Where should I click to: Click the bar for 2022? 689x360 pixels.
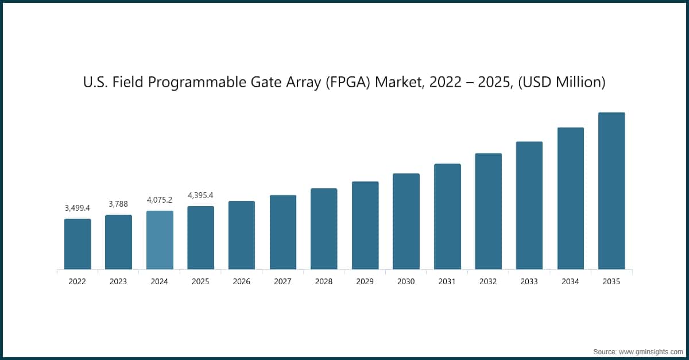(x=78, y=244)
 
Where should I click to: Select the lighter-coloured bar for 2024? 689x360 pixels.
(x=160, y=240)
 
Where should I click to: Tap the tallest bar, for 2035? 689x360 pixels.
(x=611, y=191)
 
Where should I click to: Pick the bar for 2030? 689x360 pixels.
(x=406, y=221)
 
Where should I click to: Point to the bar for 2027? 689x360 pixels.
(x=283, y=232)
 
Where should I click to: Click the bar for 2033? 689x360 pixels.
(x=529, y=205)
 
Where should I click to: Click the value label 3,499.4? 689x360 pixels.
(x=78, y=208)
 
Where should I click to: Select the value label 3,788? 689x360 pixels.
(x=118, y=204)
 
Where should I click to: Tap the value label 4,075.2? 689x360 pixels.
(x=160, y=200)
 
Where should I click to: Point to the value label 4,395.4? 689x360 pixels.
(x=201, y=196)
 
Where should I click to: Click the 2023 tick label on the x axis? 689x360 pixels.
(x=118, y=282)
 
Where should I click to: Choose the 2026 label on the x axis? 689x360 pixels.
(x=242, y=282)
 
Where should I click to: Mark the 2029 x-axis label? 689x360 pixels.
(x=365, y=282)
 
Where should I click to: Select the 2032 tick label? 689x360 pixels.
(x=488, y=282)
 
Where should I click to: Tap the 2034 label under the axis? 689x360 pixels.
(x=571, y=282)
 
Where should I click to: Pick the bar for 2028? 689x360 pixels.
(x=324, y=229)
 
